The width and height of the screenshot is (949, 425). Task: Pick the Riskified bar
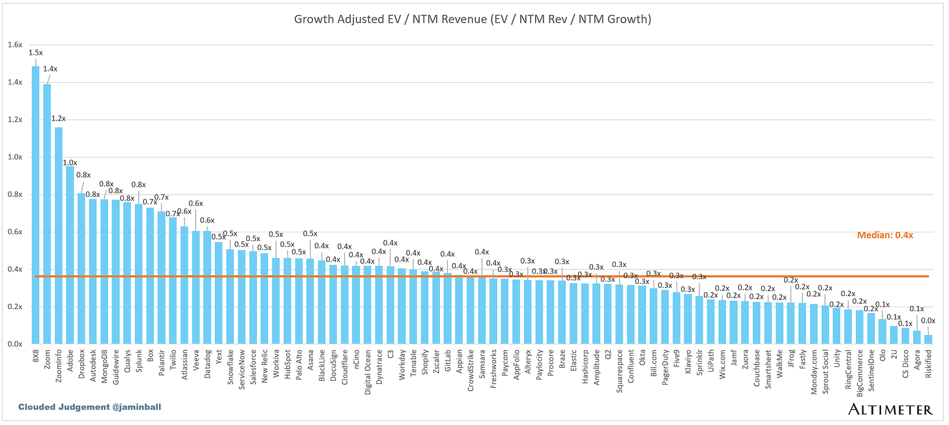pyautogui.click(x=927, y=339)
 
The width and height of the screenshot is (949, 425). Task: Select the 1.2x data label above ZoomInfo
pyautogui.click(x=59, y=118)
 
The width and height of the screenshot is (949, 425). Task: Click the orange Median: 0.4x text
pyautogui.click(x=884, y=235)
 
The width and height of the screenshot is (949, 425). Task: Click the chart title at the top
pyautogui.click(x=473, y=20)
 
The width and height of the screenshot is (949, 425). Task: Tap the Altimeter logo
pyautogui.click(x=889, y=408)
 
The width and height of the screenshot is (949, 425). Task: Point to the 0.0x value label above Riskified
pyautogui.click(x=927, y=320)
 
